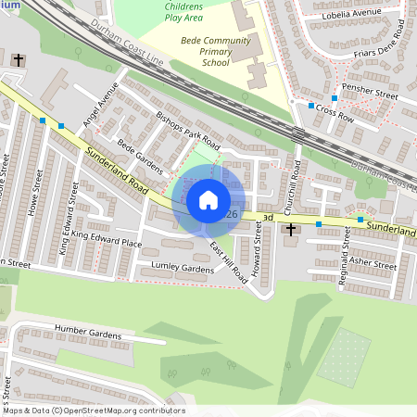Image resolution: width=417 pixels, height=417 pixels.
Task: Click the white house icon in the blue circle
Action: point(208,200)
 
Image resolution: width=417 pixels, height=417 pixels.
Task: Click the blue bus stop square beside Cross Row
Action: point(311,107)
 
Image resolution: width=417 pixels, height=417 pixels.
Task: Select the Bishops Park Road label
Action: point(187,132)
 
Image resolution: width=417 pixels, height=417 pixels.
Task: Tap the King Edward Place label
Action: point(107,240)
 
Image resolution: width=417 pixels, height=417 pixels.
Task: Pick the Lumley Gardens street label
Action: point(183,268)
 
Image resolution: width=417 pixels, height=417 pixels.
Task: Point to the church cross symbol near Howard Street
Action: point(291,228)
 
